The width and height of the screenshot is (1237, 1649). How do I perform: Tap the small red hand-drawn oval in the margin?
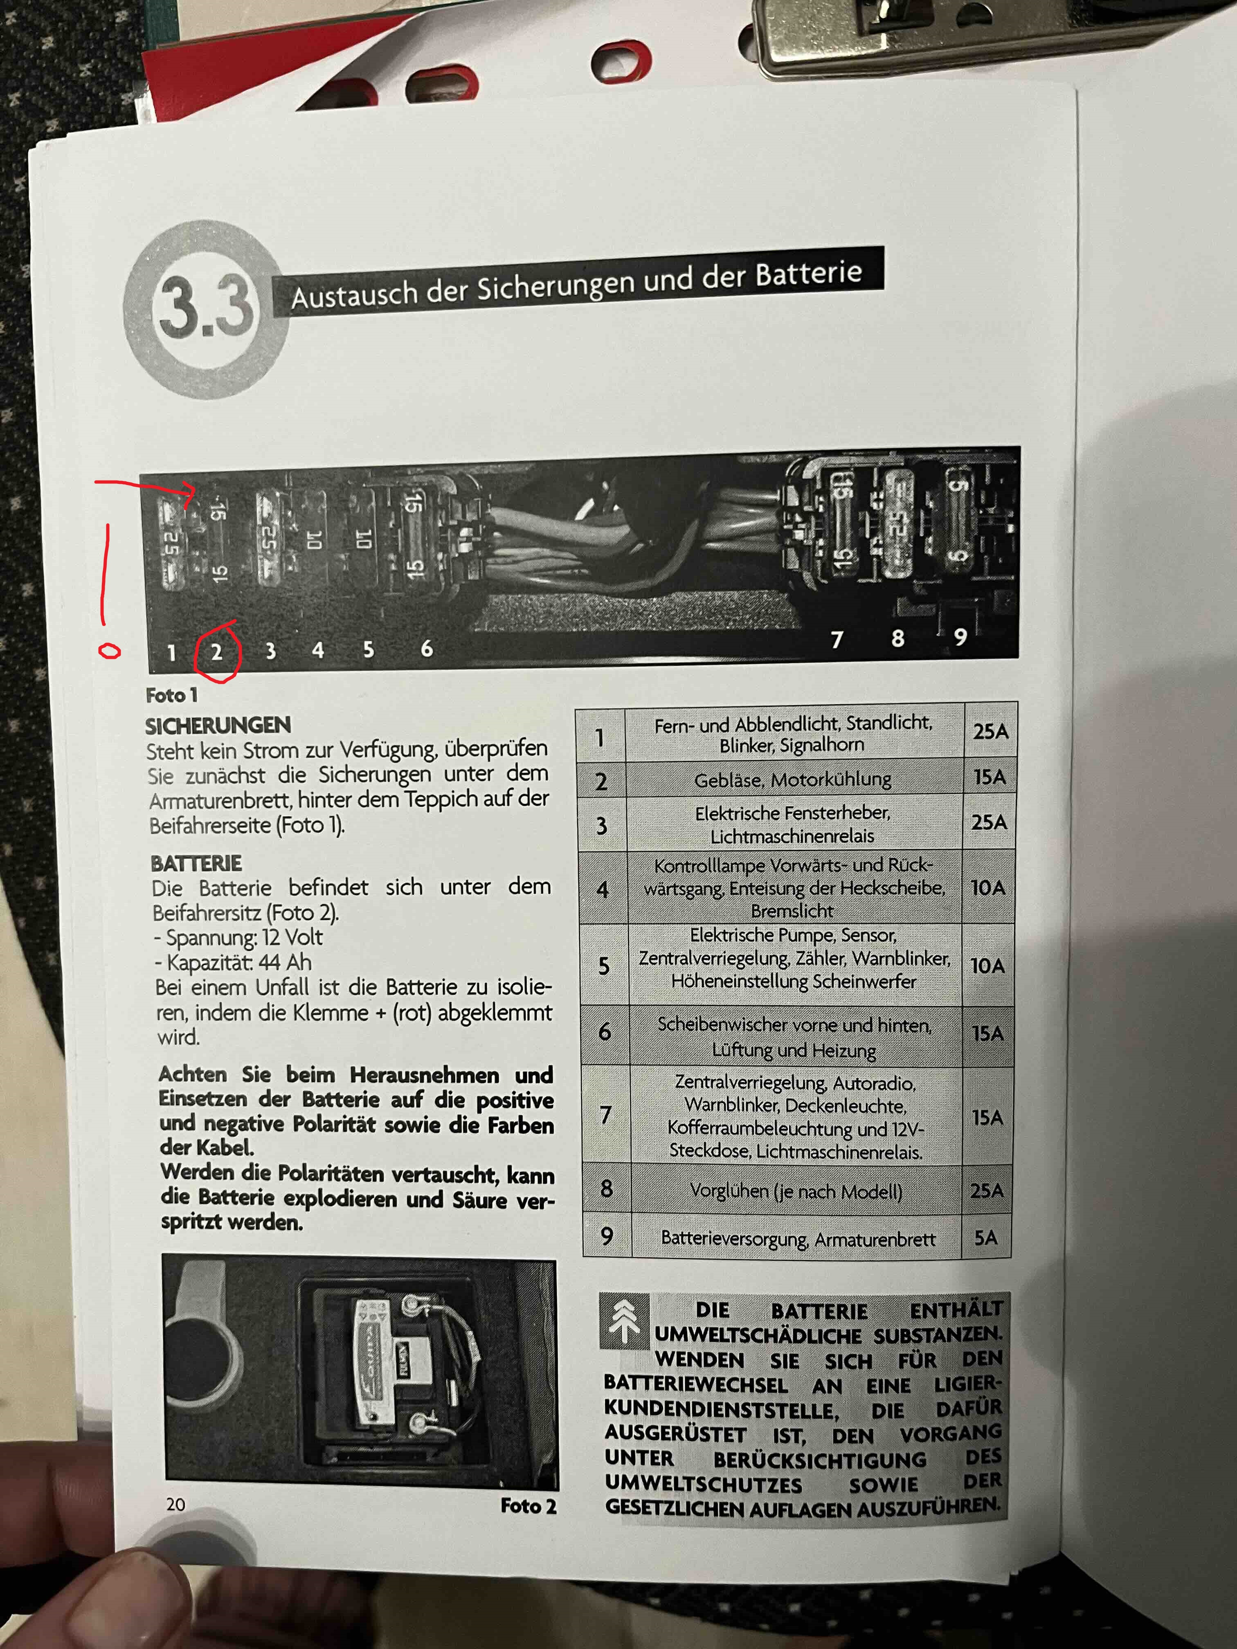coord(110,652)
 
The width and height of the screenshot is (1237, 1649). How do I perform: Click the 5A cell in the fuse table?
coord(986,1238)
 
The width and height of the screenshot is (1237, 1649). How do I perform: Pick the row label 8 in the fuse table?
coord(606,1188)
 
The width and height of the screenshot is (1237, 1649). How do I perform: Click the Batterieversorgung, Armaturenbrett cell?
coord(797,1239)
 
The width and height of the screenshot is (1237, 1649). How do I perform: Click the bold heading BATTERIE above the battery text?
coord(196,863)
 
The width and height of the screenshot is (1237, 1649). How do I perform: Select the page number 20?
coord(176,1504)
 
